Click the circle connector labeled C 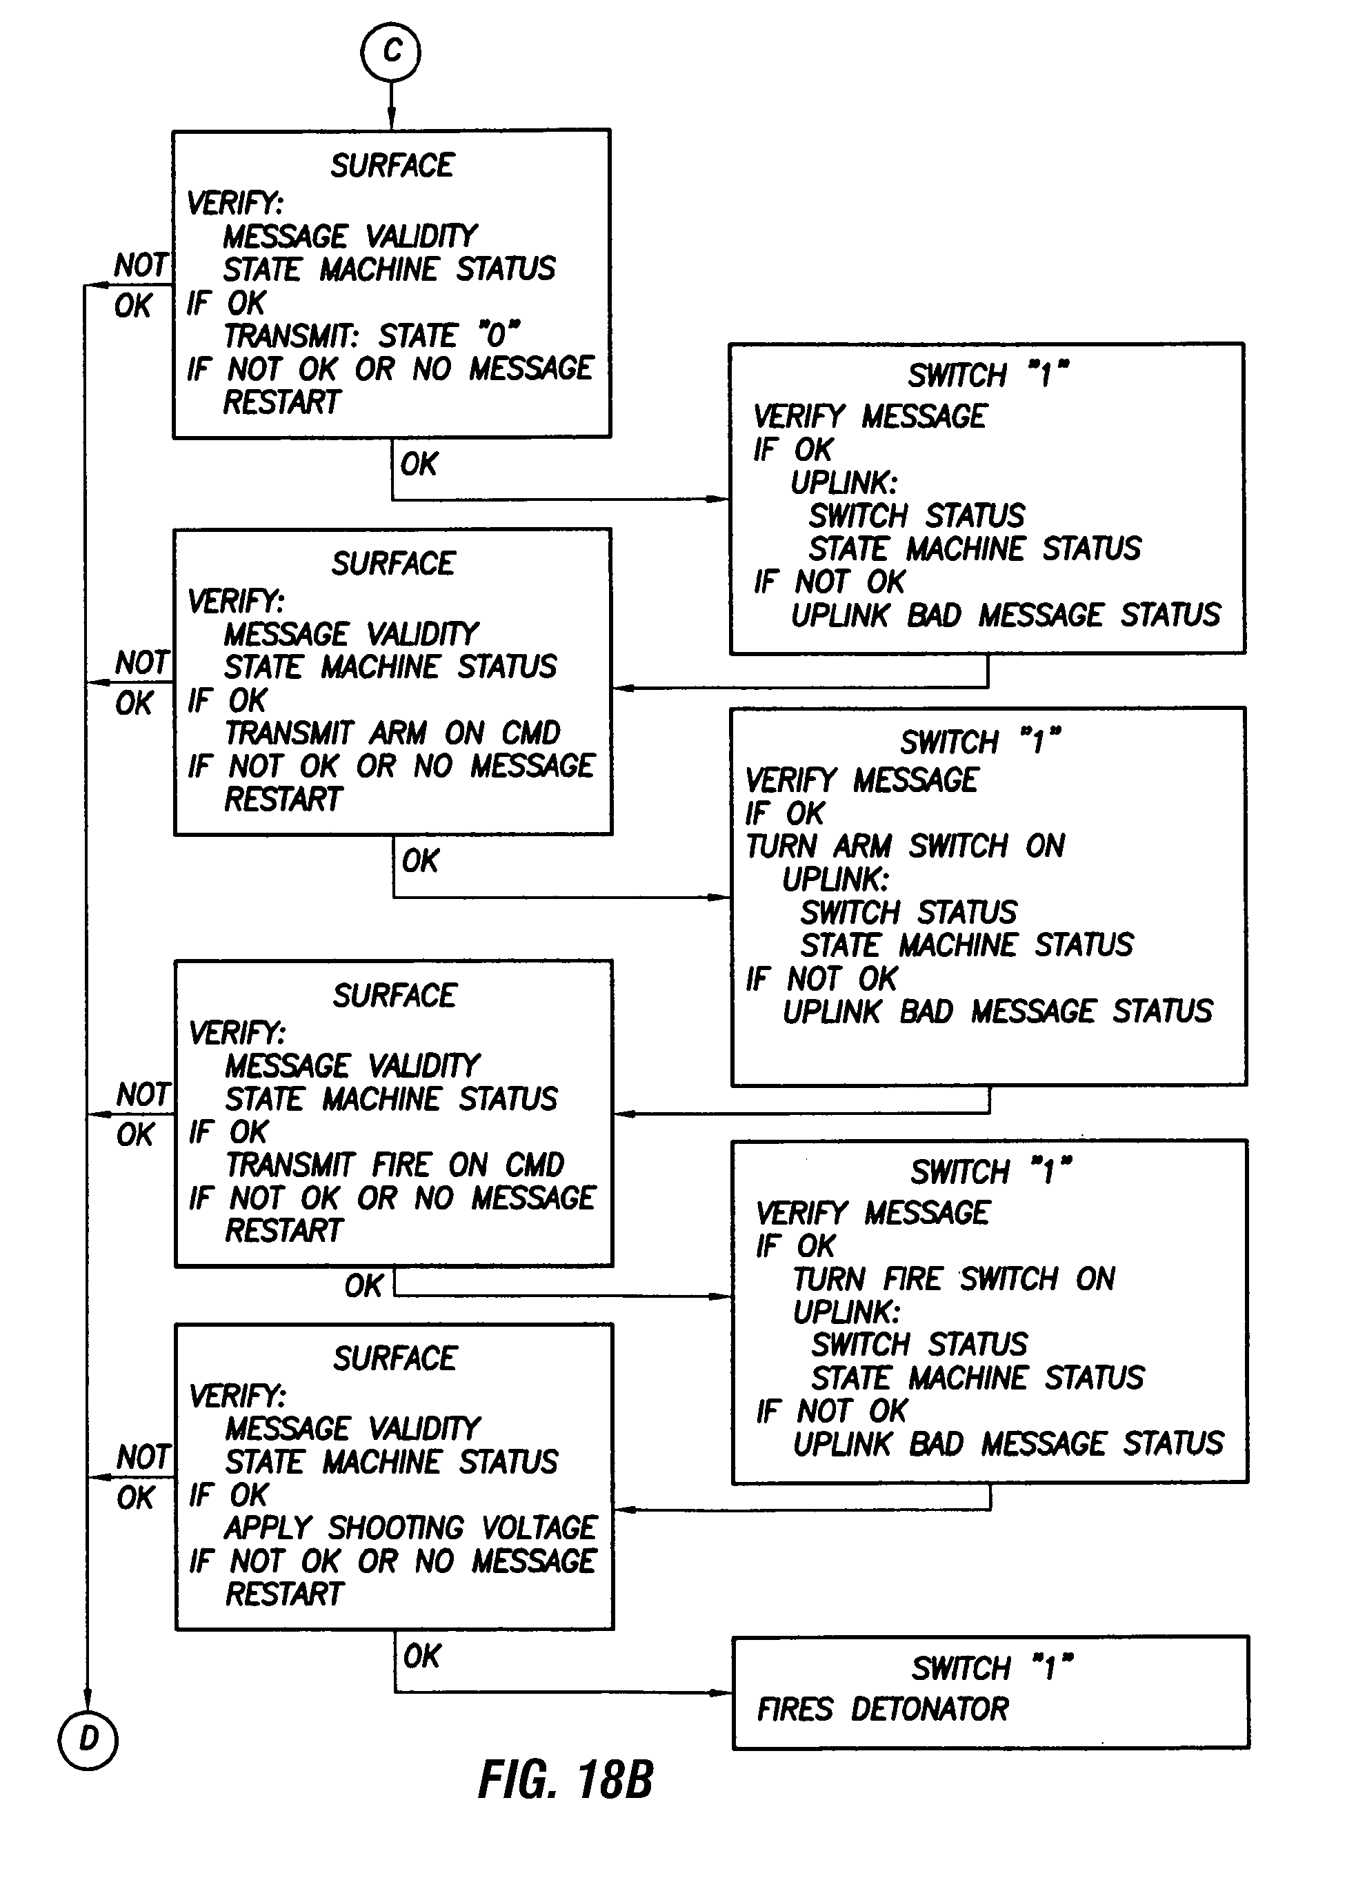(x=390, y=52)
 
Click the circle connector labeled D (x=88, y=1739)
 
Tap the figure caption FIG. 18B (x=566, y=1780)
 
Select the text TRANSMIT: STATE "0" (x=372, y=336)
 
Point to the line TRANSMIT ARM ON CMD (x=392, y=733)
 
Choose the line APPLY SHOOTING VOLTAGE (x=410, y=1528)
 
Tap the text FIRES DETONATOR (x=883, y=1709)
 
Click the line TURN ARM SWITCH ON (x=905, y=846)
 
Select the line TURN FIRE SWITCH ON (x=954, y=1279)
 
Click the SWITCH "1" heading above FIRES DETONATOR (x=992, y=1668)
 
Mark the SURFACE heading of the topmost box (x=392, y=166)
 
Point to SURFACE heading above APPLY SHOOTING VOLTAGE (x=395, y=1358)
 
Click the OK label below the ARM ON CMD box (x=421, y=861)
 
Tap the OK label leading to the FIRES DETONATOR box (x=421, y=1656)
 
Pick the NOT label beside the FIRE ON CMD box (x=143, y=1095)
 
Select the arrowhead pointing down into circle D (x=88, y=1701)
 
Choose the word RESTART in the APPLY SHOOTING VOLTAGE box (x=284, y=1594)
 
